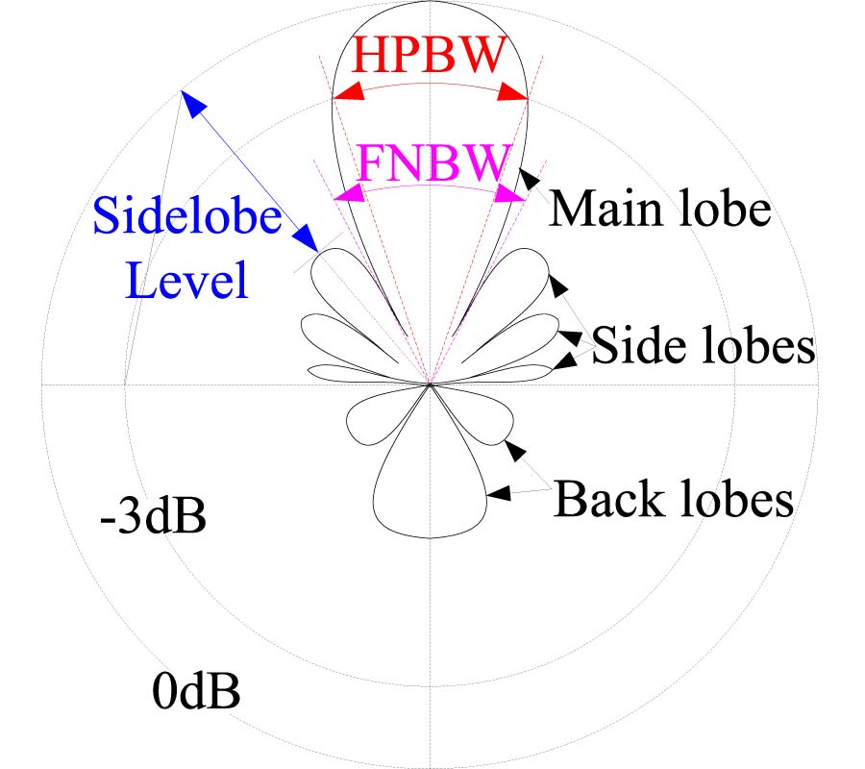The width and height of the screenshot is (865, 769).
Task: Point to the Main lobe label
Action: click(660, 209)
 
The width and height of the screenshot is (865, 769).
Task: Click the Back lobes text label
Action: click(674, 499)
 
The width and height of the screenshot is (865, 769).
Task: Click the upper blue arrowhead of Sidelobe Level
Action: click(189, 102)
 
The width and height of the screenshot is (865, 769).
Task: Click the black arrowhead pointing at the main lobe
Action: click(528, 178)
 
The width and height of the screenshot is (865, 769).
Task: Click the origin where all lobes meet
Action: click(430, 384)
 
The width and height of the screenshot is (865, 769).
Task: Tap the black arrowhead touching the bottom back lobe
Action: click(499, 493)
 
